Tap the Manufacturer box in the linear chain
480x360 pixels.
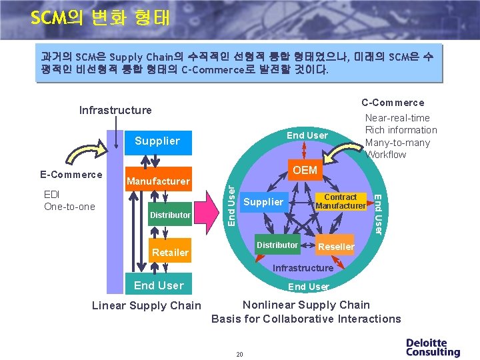(158, 181)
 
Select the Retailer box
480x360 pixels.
(170, 252)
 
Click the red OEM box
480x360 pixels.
(305, 171)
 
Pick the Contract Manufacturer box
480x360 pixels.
(341, 201)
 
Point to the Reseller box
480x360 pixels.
(336, 247)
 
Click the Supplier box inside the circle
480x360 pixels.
(263, 202)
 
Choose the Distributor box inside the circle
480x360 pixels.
(277, 245)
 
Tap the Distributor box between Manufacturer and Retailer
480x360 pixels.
(170, 215)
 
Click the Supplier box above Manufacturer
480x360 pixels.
(157, 141)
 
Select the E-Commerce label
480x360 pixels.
(70, 175)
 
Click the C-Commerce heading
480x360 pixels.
(393, 103)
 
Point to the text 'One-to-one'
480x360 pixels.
(69, 207)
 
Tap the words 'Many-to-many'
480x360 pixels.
(398, 143)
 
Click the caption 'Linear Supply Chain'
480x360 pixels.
(146, 305)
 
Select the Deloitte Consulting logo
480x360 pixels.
(433, 347)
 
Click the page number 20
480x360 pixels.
(239, 354)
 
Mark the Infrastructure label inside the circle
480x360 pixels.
(303, 268)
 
